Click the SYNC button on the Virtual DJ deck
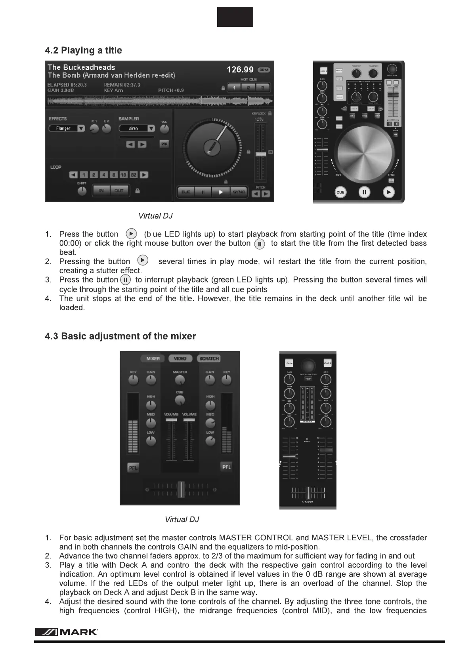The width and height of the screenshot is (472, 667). point(239,192)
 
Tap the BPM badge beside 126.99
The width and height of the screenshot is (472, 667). point(264,70)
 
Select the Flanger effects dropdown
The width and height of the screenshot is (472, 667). point(67,128)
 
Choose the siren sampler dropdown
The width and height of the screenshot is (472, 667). point(137,128)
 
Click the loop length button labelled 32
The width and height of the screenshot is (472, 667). point(134,175)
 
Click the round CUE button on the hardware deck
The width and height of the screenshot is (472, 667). point(340,192)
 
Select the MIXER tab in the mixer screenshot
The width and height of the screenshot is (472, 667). point(153,358)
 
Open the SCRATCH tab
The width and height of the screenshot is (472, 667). point(209,358)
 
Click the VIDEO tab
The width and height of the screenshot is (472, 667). point(180,358)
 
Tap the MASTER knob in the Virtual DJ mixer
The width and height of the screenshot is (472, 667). point(180,380)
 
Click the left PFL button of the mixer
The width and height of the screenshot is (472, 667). point(133,468)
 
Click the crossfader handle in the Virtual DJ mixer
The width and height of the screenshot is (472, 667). point(181,490)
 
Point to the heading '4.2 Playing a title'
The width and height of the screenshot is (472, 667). point(83,50)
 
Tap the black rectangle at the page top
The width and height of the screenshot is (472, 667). point(235,17)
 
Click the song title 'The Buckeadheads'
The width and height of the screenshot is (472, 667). point(81,67)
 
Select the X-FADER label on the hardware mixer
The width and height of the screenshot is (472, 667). point(308,502)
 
